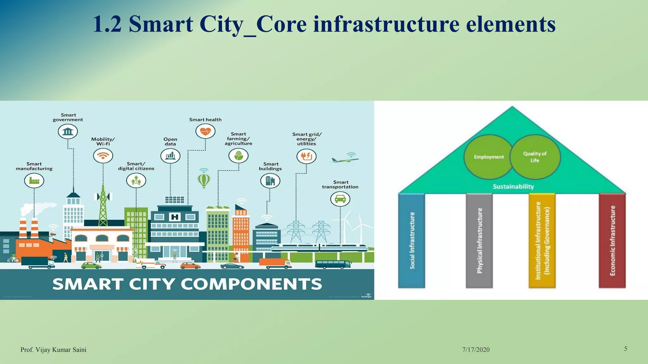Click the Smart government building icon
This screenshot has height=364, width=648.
tap(68, 131)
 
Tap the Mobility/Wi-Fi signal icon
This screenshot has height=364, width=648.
tap(103, 156)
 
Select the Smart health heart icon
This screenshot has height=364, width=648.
tap(205, 131)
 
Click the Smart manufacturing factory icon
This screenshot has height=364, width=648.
tap(34, 181)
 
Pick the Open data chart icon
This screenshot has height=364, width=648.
tap(170, 155)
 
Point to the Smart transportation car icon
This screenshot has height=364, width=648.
tap(340, 199)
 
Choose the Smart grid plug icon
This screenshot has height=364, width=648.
tap(306, 156)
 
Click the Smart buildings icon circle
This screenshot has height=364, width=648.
tap(270, 181)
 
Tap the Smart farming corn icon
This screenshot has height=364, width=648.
tap(238, 155)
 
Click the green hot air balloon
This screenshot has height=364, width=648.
tap(204, 180)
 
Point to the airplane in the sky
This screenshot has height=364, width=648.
tap(345, 160)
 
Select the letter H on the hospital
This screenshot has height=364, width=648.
tap(175, 217)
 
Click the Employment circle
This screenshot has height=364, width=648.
tap(488, 157)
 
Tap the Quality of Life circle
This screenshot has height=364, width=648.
tap(535, 157)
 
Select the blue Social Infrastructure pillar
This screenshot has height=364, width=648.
tap(411, 240)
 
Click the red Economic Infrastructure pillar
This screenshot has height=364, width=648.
tap(612, 240)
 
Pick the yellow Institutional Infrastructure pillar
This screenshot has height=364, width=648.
tap(542, 240)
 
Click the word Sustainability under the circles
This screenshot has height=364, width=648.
tap(513, 186)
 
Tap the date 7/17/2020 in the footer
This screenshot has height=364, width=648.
tap(476, 349)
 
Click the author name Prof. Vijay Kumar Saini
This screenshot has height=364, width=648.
tap(53, 349)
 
